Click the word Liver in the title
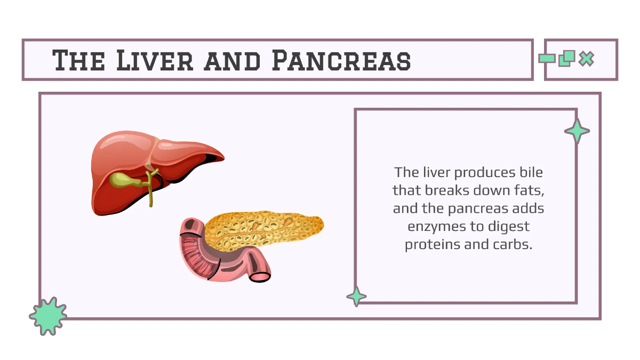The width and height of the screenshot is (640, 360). [x=155, y=60]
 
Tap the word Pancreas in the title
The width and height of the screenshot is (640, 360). [x=341, y=60]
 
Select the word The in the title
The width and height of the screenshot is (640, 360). [x=78, y=60]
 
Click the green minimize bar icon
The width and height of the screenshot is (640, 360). [x=547, y=59]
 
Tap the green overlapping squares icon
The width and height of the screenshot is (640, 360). [x=566, y=58]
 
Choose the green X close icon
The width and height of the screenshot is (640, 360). [x=586, y=59]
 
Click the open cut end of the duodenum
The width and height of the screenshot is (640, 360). [x=260, y=277]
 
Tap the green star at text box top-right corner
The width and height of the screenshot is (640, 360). [x=577, y=131]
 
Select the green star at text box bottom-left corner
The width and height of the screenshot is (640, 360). [x=356, y=297]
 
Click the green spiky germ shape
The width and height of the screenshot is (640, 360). [x=48, y=316]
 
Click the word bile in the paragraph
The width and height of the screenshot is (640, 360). [x=531, y=173]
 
